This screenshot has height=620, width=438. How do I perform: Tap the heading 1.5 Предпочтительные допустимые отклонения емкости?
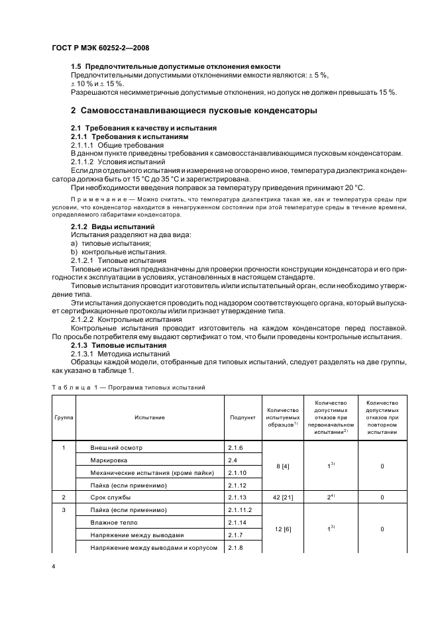pos(176,67)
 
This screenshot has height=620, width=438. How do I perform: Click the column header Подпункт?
pos(243,418)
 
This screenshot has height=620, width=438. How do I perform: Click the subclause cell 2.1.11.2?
pos(242,509)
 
